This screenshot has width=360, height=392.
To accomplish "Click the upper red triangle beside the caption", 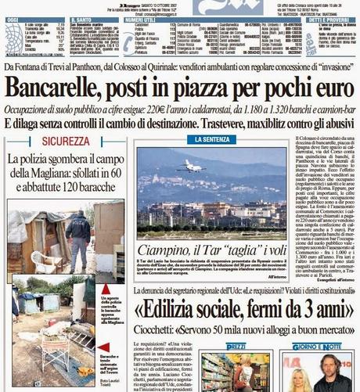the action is (105, 289).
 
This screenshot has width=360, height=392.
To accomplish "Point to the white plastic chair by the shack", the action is (51, 259).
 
